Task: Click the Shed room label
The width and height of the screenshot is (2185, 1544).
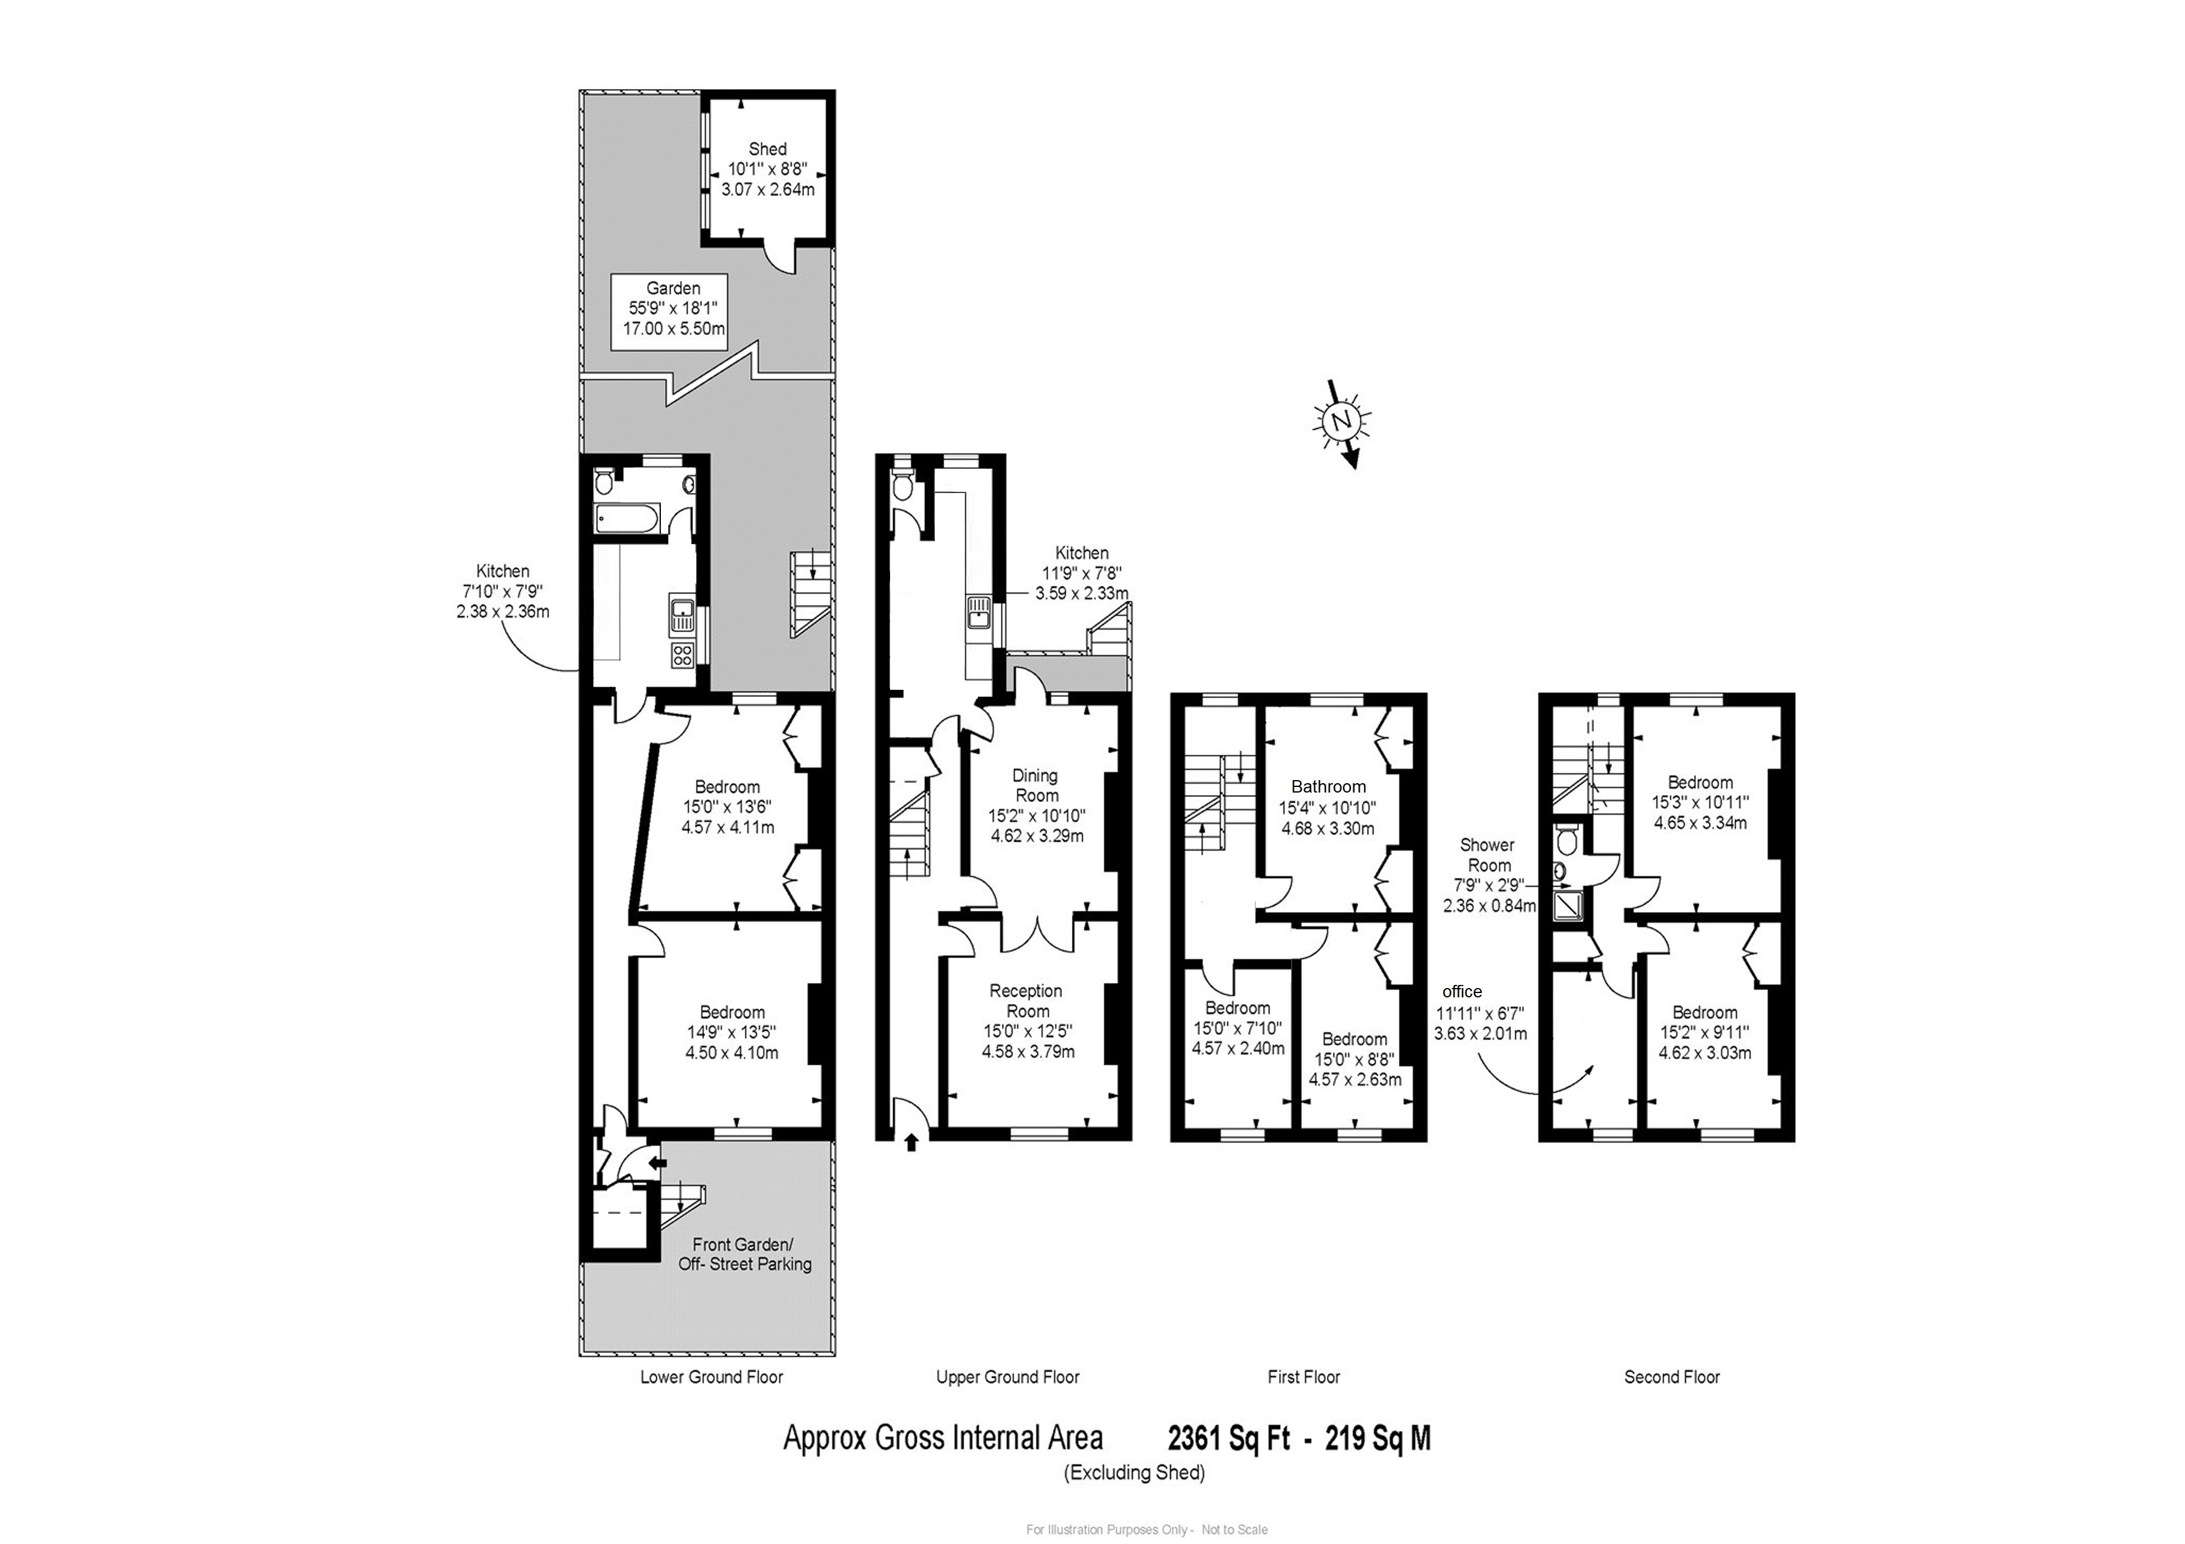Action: coord(767,149)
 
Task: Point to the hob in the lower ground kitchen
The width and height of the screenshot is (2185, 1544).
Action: coord(682,654)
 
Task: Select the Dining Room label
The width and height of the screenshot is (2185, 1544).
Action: coord(1035,786)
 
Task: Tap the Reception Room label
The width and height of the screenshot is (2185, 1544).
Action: coord(1026,1000)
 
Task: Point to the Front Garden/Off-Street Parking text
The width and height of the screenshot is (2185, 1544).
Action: coord(744,1254)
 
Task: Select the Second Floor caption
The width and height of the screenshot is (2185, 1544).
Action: coord(1671,1377)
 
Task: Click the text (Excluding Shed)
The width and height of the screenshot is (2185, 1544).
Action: coord(1134,1472)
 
